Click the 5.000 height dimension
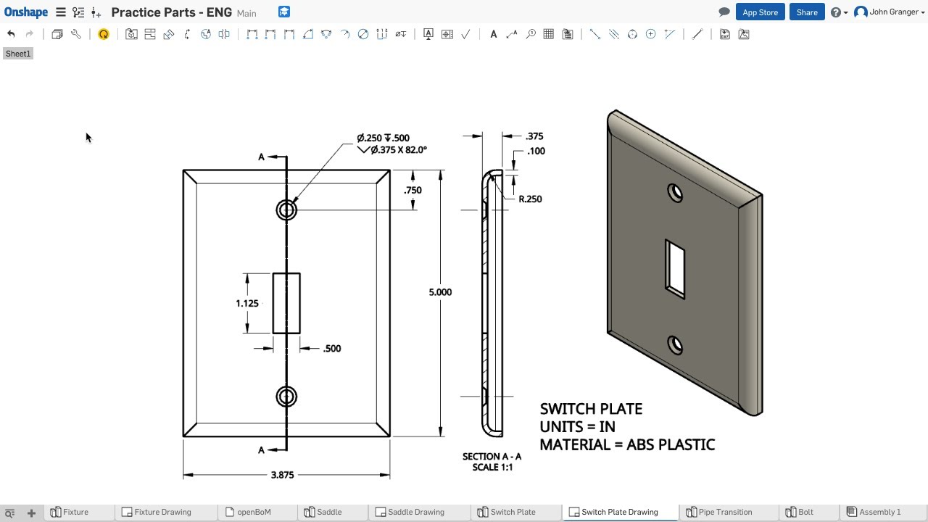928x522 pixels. [x=440, y=292]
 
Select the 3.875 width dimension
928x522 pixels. [x=282, y=475]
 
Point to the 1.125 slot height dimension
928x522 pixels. [x=246, y=303]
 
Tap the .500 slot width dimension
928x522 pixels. [x=331, y=349]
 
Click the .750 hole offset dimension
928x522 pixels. [x=413, y=190]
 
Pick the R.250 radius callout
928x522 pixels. [x=530, y=199]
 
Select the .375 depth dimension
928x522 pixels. [x=534, y=136]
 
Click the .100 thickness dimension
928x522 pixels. [x=536, y=151]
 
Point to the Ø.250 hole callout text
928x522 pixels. [x=383, y=138]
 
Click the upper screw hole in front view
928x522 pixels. [x=286, y=210]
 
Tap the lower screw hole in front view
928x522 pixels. [x=286, y=397]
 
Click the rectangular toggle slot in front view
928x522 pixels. [x=286, y=303]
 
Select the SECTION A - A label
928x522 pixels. [x=492, y=457]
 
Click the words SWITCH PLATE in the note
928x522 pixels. [x=591, y=409]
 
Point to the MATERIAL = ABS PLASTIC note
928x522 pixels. [x=627, y=444]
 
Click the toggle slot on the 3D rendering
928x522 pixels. [x=675, y=268]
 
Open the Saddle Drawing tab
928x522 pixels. [x=415, y=512]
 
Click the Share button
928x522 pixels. [x=807, y=12]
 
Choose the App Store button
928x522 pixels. [x=760, y=12]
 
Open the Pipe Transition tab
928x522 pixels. [x=725, y=512]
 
